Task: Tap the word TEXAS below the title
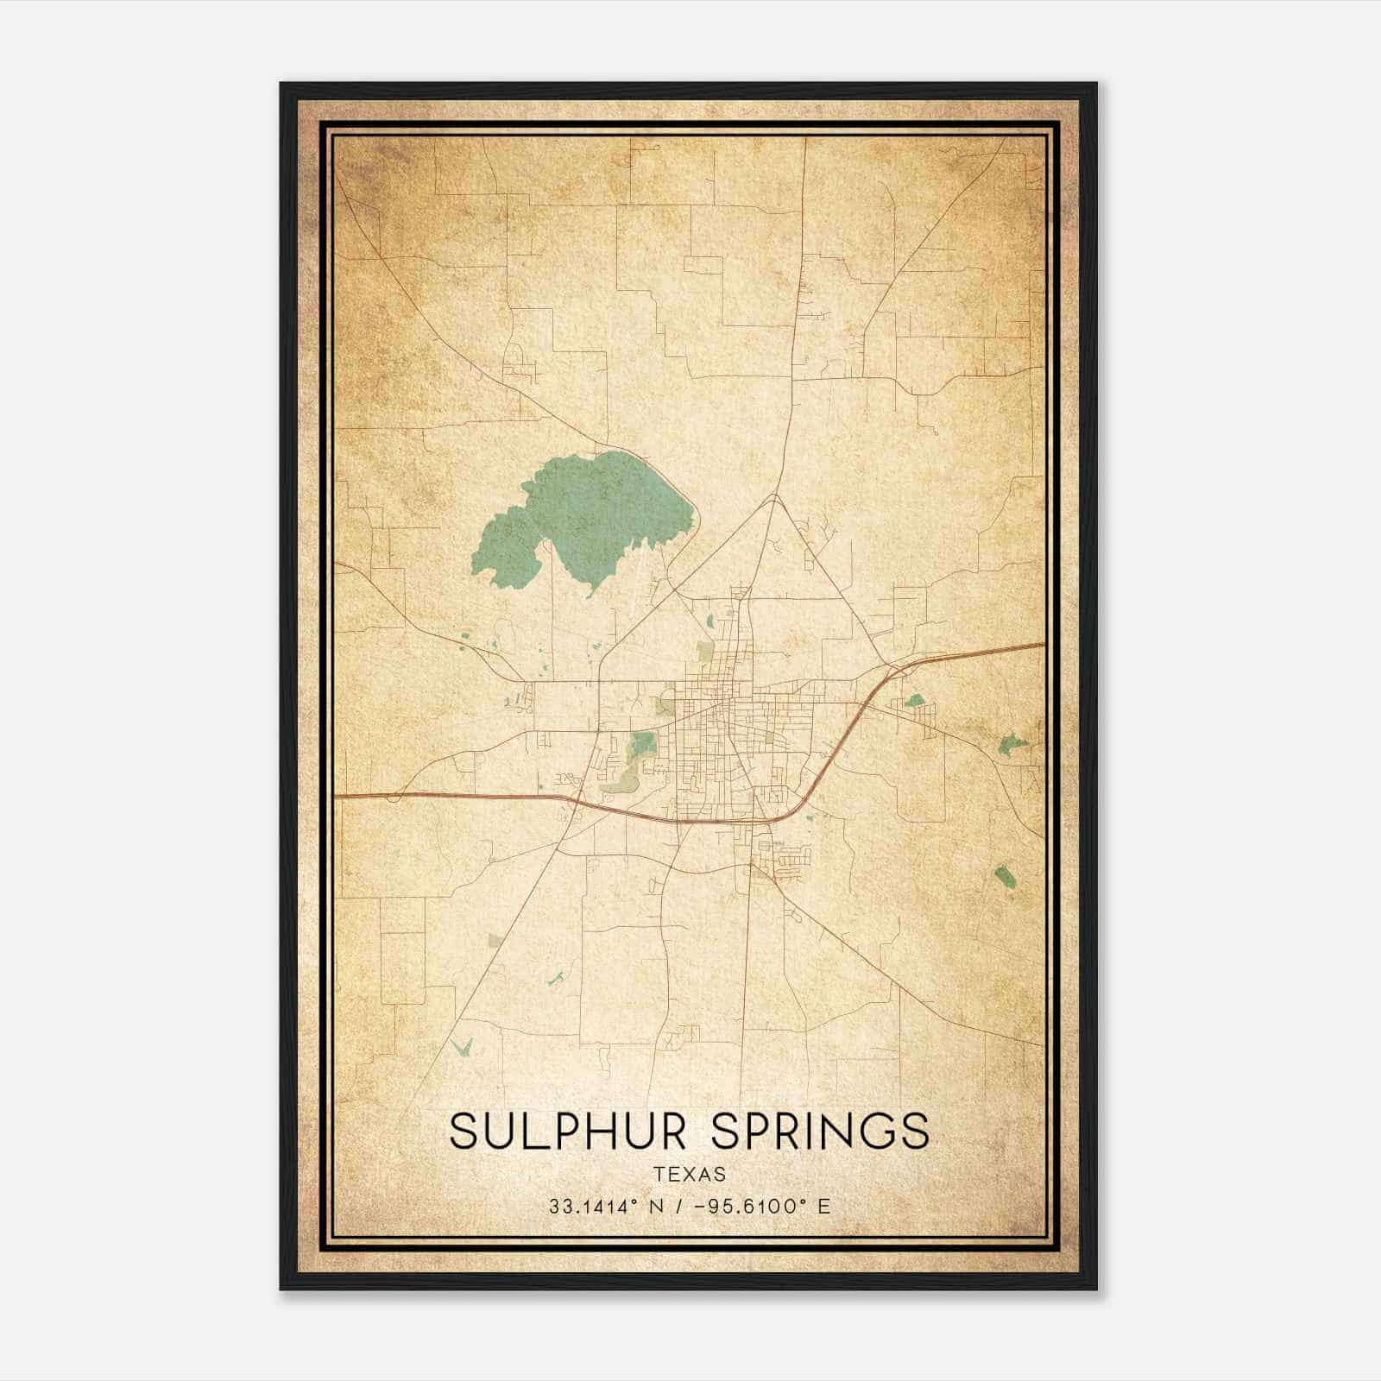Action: (690, 1174)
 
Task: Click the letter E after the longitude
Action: (823, 1206)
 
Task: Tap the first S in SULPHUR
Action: (463, 1131)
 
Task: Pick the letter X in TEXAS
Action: (690, 1174)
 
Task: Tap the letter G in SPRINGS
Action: (873, 1131)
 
